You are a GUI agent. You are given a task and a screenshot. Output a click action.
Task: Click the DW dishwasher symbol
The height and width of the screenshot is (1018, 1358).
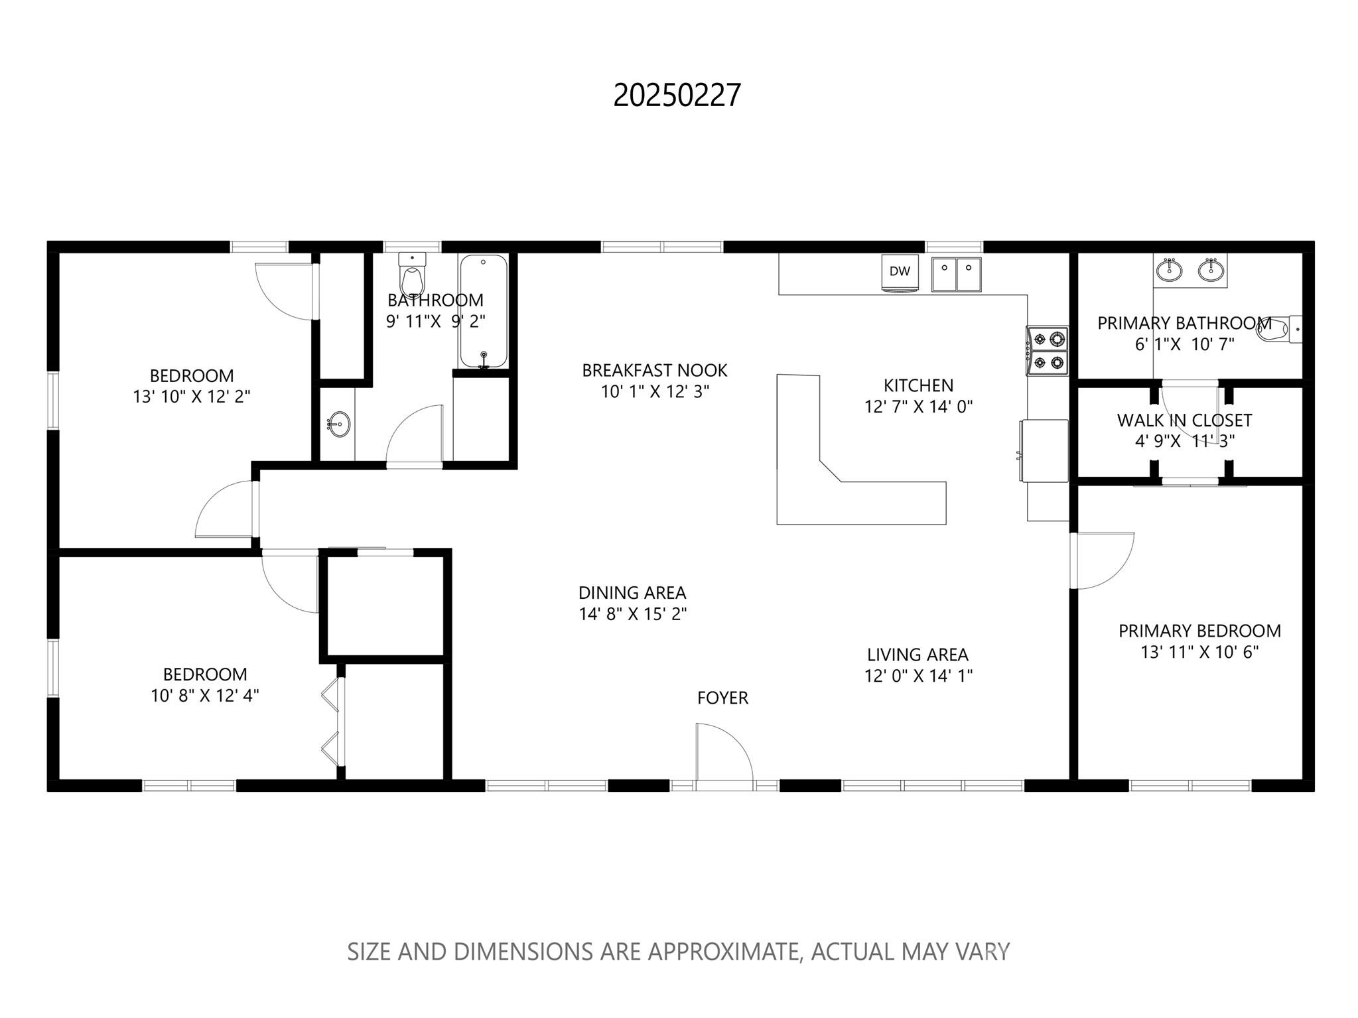pos(900,271)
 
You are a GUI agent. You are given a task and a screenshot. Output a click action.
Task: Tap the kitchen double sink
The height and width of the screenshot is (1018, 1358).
pos(956,274)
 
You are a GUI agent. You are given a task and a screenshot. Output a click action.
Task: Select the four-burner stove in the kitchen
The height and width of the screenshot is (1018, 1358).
pos(1048,350)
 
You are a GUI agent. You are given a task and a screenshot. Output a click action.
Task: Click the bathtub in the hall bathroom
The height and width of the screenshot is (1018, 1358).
pos(484,311)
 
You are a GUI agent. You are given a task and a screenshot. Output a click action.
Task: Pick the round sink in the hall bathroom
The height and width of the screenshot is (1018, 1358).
pos(339,423)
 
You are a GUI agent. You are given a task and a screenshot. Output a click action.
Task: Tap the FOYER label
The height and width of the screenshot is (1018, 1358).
pos(722,698)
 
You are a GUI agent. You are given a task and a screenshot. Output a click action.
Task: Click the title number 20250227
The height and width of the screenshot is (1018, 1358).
pos(676,95)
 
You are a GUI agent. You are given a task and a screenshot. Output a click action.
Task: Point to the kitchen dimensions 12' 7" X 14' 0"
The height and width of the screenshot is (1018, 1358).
pos(918,407)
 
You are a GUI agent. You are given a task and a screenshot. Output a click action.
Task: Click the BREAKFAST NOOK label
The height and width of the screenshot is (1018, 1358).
pos(654,370)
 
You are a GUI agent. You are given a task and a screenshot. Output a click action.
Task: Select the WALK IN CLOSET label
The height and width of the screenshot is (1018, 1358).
pos(1184,420)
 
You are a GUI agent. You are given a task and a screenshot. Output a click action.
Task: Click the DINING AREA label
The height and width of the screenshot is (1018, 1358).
pos(632,592)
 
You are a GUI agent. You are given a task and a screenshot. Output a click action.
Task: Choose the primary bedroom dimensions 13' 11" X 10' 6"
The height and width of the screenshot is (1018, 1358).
pos(1199,652)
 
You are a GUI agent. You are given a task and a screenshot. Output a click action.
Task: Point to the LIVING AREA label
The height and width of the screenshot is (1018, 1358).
pos(917,655)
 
